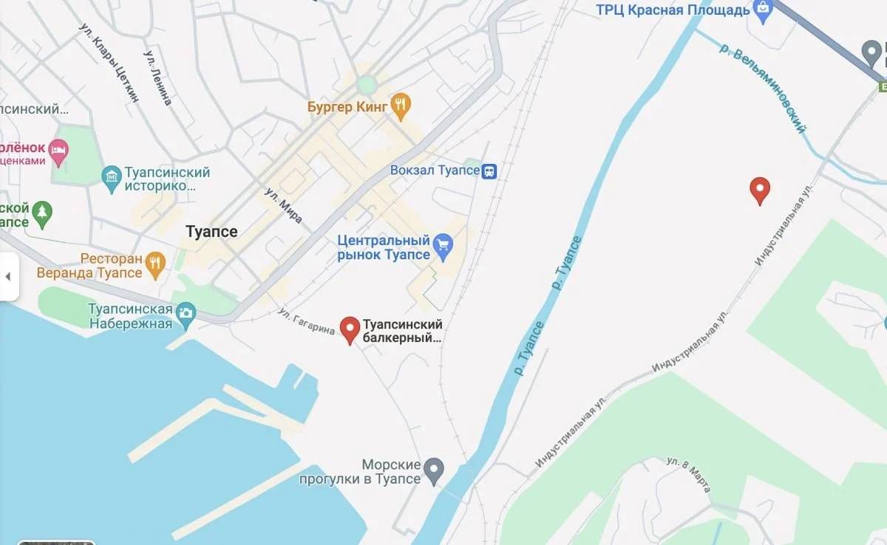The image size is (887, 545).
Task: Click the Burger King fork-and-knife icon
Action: [401, 107]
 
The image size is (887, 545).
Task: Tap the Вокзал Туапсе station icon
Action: [489, 171]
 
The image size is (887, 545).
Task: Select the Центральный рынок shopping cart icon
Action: [443, 247]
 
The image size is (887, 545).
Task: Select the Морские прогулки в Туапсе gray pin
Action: [434, 469]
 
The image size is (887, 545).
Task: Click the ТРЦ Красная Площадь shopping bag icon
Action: [761, 10]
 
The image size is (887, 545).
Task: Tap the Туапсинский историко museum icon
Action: [112, 179]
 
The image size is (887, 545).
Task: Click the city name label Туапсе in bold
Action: [212, 231]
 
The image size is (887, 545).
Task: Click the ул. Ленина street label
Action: [158, 78]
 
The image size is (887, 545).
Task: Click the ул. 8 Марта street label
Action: [688, 474]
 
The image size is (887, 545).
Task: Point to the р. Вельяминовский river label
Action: [762, 88]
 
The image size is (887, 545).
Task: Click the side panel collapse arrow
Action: [8, 277]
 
